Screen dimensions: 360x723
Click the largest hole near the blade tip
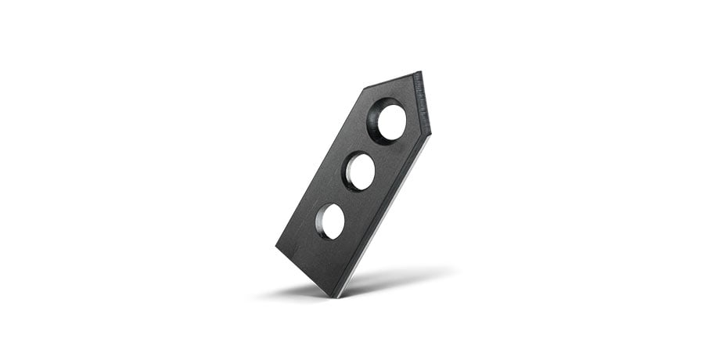coord(389,121)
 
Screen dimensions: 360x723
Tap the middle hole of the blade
coord(360,171)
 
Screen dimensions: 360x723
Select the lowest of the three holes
coord(331,221)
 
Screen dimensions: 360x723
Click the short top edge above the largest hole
coord(391,81)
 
